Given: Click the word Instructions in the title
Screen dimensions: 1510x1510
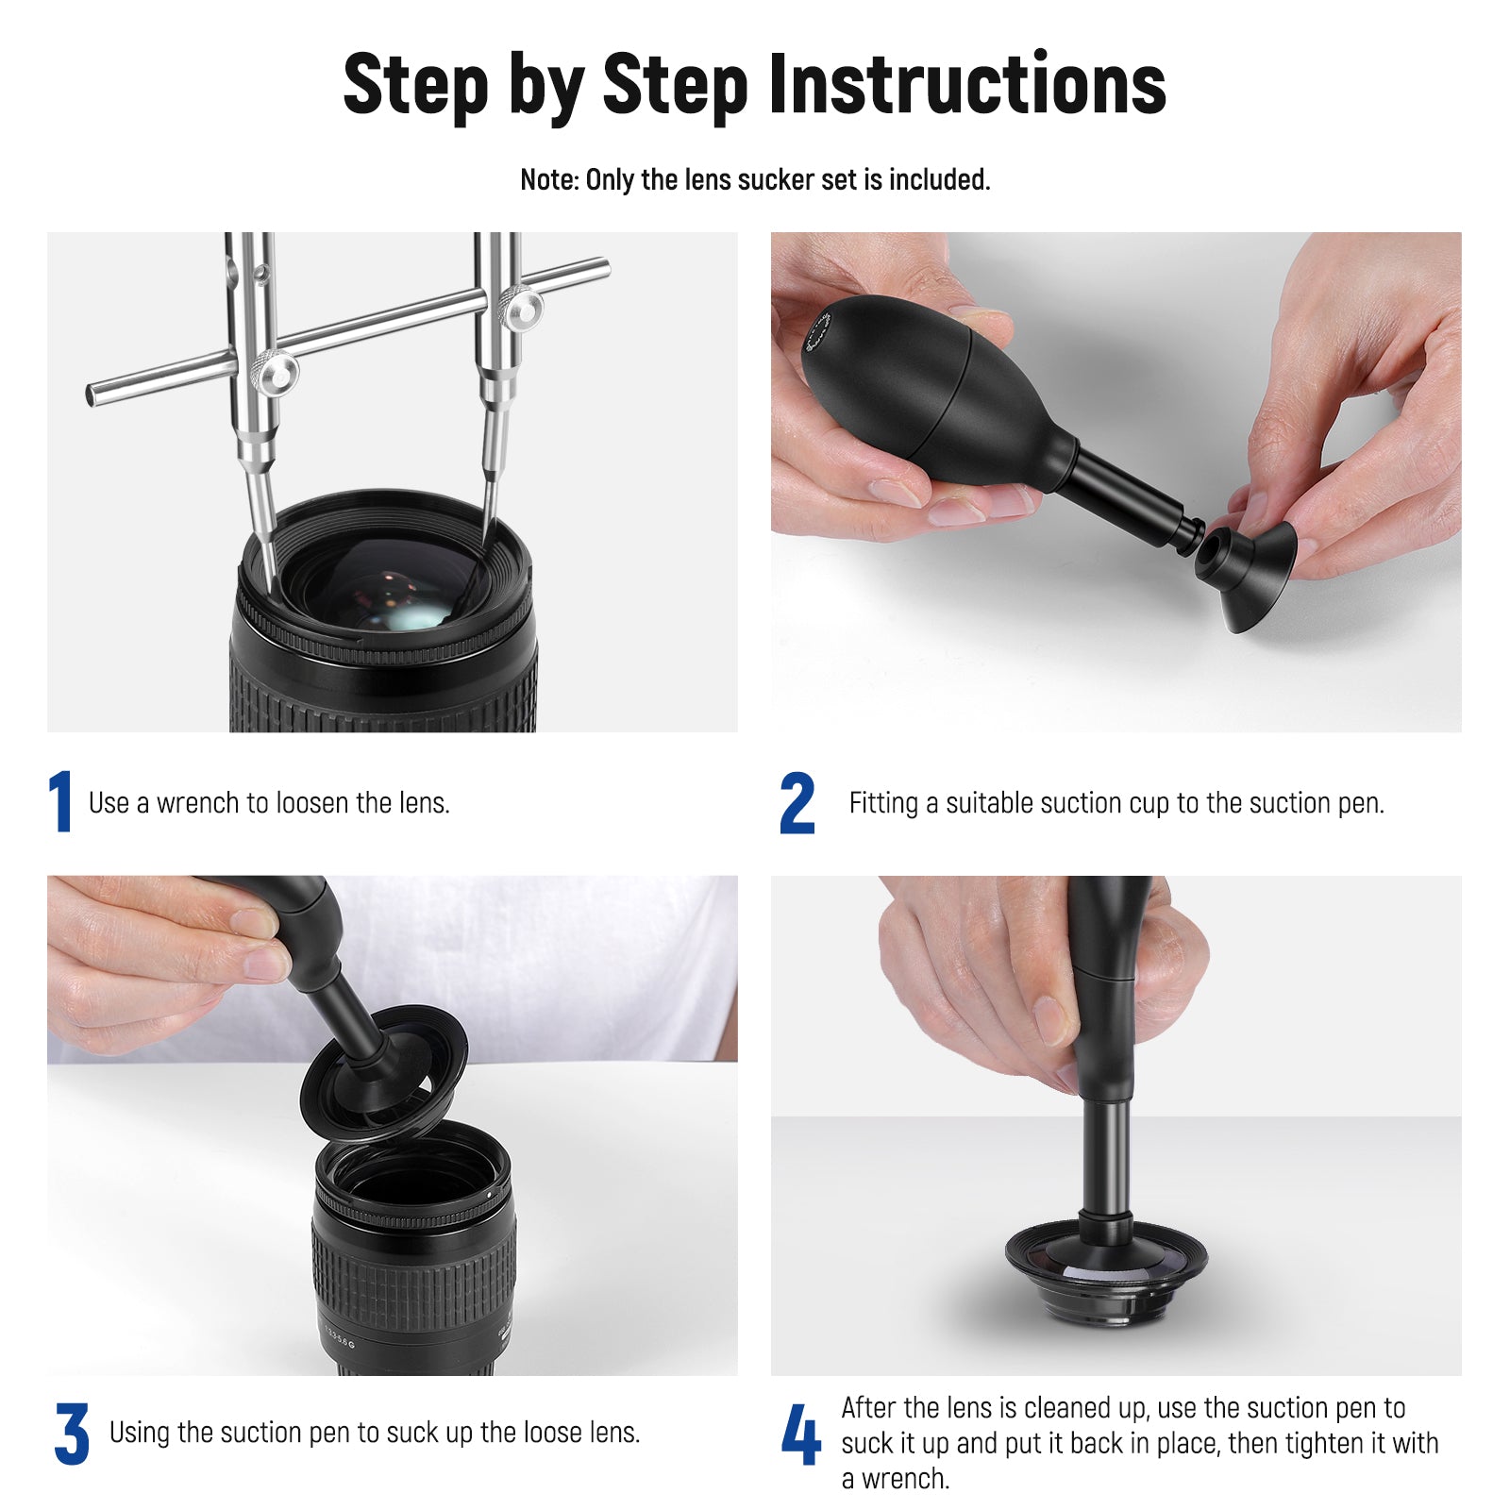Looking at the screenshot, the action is click(x=967, y=84).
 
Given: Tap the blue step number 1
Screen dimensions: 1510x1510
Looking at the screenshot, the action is click(x=60, y=802).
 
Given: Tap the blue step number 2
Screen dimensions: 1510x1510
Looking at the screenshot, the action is click(x=797, y=803).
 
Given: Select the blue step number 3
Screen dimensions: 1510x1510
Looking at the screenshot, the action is click(x=72, y=1434).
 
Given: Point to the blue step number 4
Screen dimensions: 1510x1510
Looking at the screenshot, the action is click(x=800, y=1434).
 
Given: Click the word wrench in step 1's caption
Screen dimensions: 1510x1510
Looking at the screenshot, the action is click(x=197, y=803).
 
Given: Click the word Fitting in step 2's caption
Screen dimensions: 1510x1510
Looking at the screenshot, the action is click(x=883, y=803).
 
